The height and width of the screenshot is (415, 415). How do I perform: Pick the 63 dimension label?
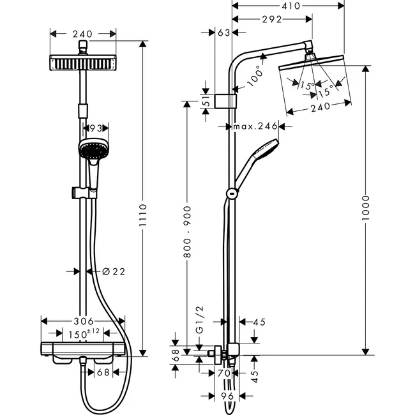coord(223,32)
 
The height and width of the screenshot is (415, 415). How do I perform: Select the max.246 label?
coord(255,126)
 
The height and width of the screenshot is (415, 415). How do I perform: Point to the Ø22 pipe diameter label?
coord(114,271)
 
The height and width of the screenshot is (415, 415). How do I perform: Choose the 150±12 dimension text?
coord(82,333)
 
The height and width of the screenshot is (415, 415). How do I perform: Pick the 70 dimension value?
coord(223,373)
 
